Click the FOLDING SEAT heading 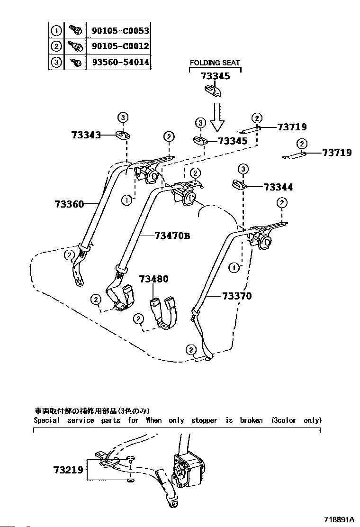coord(215,63)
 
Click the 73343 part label coord(86,135)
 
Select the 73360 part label coord(69,204)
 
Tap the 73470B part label coord(172,235)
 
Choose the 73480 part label coord(153,280)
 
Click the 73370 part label coord(237,296)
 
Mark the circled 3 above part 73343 coord(123,118)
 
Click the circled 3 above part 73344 coord(243,169)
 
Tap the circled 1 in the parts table coord(56,31)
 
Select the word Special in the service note coord(47,420)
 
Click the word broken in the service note coord(251,420)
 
